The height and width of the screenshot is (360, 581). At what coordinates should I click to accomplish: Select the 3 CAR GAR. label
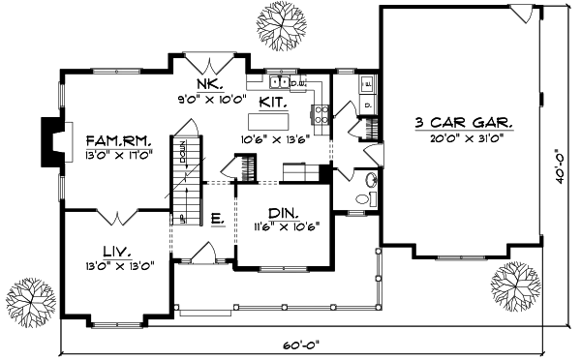coord(463,124)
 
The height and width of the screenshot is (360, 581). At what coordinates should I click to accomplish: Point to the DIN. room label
coord(284,212)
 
